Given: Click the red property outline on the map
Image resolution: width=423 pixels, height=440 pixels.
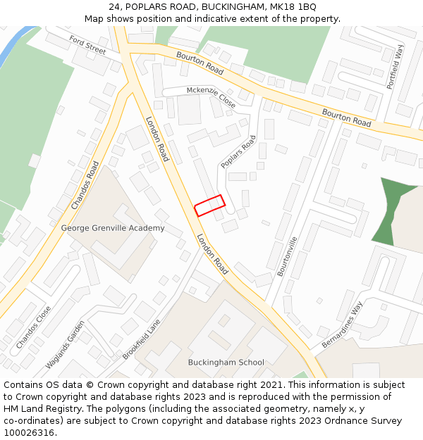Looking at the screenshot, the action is [209, 206].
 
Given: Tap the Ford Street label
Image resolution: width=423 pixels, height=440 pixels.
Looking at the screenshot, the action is [87, 46].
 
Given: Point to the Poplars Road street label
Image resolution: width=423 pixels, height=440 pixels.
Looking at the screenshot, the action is [238, 152].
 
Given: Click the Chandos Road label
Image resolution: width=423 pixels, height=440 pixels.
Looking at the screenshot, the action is [85, 185].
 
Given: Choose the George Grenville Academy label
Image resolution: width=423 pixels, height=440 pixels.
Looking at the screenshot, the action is [113, 228].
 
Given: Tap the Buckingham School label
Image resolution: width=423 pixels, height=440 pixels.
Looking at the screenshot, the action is [226, 363].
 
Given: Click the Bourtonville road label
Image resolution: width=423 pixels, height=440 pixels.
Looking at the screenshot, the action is [288, 255].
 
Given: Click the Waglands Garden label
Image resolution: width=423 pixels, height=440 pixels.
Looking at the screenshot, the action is [65, 345].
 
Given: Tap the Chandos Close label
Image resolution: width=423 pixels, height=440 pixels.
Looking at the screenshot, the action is [33, 327].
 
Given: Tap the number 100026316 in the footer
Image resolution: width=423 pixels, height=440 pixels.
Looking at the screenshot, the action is [29, 433].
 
